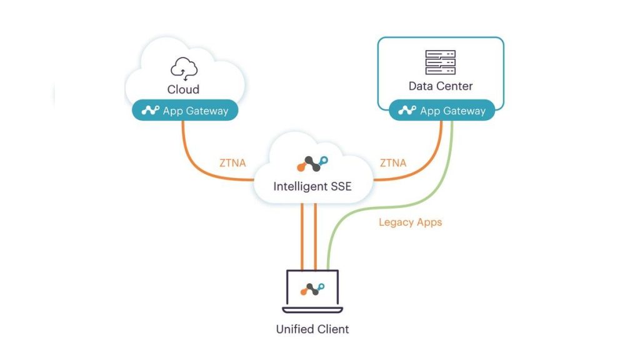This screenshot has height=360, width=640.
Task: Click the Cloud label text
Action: [x=183, y=89]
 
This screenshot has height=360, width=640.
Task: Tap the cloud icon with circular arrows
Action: [x=184, y=68]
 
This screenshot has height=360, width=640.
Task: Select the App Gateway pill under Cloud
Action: [x=184, y=111]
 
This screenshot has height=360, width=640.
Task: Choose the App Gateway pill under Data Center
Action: [x=442, y=111]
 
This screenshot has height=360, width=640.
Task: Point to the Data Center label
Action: [x=441, y=86]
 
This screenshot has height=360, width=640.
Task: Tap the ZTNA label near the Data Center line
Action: [x=393, y=163]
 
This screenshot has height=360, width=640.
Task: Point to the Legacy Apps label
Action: [x=410, y=222]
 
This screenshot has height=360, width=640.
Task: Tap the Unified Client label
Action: [x=312, y=329]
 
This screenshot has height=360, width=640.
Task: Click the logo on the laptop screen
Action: [x=312, y=289]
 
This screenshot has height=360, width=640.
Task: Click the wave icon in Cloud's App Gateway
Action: [x=151, y=111]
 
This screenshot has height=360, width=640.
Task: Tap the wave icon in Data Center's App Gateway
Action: [x=407, y=111]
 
